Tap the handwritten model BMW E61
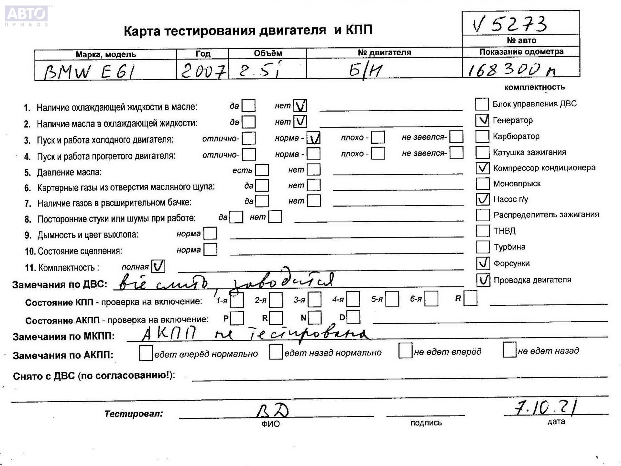(89, 72)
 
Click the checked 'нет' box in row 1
(300, 105)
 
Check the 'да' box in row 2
(248, 122)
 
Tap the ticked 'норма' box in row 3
(313, 138)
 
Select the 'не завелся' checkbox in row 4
(456, 153)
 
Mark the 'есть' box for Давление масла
(262, 170)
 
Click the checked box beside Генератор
(482, 120)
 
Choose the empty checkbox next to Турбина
(483, 247)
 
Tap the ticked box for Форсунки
(483, 263)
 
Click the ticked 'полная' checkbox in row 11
(158, 266)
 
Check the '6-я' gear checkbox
(431, 299)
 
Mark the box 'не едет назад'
(509, 350)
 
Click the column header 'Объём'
(267, 53)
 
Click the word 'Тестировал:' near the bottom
(134, 414)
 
